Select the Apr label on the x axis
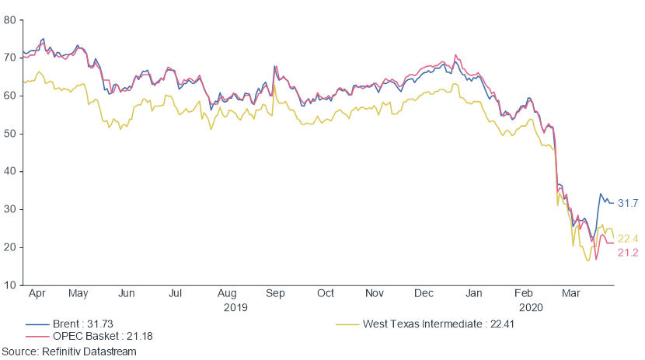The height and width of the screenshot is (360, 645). coord(35,294)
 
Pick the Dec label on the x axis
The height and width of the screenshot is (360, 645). coord(424,294)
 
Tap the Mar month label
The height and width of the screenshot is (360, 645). coord(570,294)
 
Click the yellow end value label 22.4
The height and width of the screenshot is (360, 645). coord(628,239)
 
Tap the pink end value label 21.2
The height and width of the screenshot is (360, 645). coord(628,253)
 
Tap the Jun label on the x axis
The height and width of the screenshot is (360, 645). coord(127,294)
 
